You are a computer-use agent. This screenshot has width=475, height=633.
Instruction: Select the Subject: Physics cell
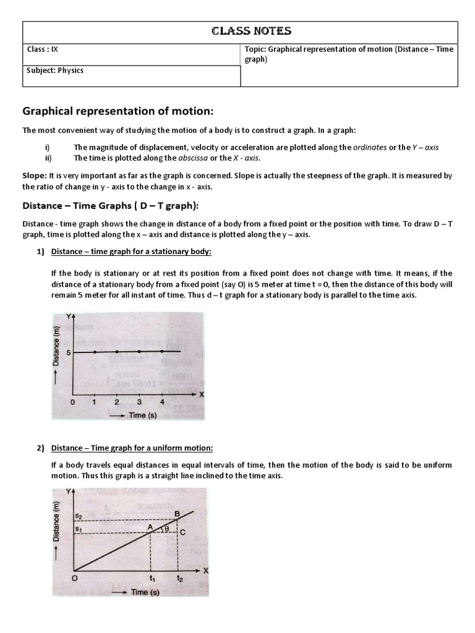click(55, 70)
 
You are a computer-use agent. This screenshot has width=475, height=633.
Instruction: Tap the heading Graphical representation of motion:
click(118, 111)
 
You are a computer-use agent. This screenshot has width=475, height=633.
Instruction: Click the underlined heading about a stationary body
click(131, 252)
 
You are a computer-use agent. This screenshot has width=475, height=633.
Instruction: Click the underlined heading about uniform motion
click(132, 448)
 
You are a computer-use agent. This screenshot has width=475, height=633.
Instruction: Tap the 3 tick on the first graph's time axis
click(140, 402)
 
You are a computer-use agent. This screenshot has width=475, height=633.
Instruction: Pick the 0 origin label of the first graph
click(72, 402)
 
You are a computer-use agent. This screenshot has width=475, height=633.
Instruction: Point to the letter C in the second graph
click(183, 532)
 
